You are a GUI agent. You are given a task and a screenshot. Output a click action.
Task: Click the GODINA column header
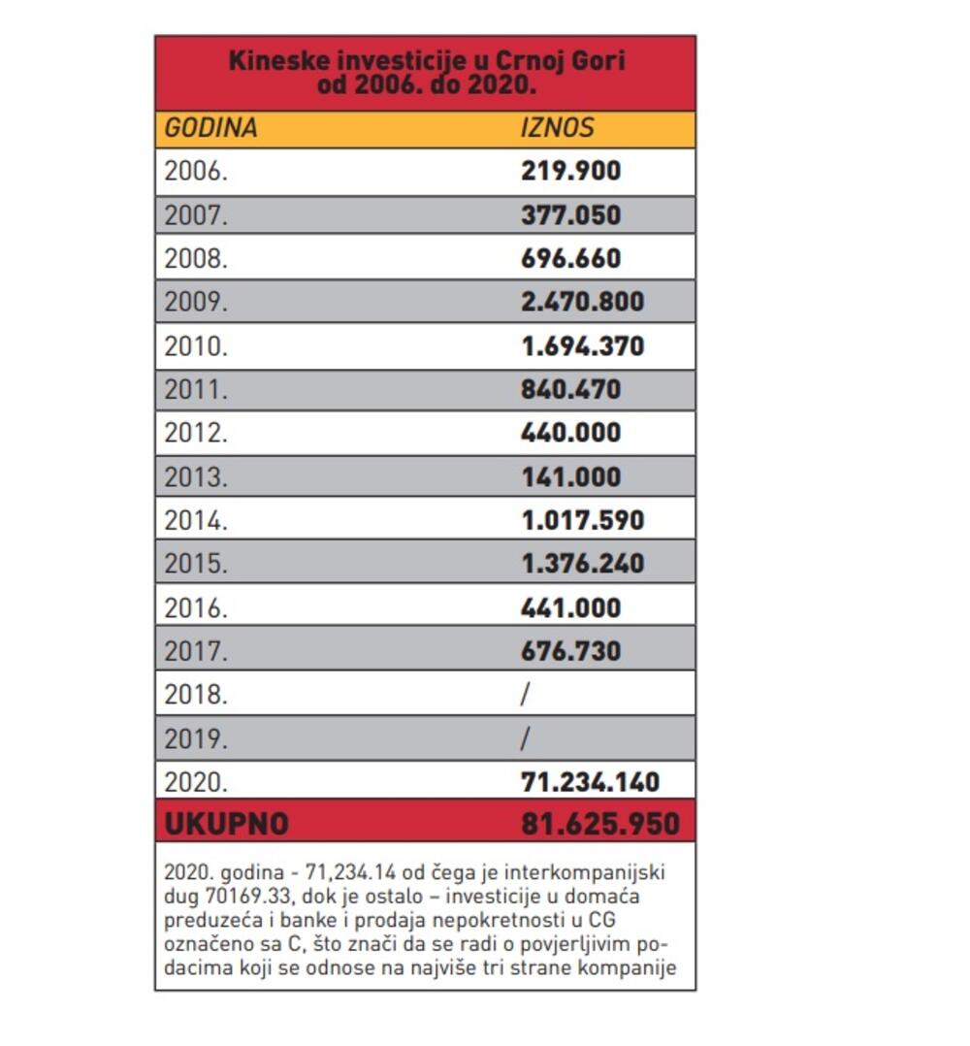point(210,128)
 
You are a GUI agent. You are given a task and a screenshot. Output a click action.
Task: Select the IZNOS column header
point(557,128)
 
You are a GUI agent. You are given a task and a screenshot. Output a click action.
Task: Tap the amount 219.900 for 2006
point(570,172)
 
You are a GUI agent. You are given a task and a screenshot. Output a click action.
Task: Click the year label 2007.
point(196,215)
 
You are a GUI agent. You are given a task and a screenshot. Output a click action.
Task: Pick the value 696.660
point(570,259)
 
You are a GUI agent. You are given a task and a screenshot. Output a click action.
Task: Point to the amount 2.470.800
point(582,302)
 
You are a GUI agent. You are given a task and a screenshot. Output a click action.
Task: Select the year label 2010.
point(196,346)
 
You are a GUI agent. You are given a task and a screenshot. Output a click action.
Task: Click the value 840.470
point(570,389)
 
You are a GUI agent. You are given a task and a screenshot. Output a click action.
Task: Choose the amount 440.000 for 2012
point(570,433)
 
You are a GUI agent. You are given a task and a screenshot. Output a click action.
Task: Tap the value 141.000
point(570,476)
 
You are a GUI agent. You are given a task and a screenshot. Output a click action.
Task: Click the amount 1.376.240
point(582,564)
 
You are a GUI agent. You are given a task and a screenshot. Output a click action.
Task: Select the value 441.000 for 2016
point(570,607)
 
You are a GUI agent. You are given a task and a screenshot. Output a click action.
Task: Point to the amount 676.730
point(570,651)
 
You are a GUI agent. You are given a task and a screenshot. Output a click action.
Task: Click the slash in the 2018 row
point(526,694)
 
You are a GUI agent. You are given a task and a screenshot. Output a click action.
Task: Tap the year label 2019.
point(196,738)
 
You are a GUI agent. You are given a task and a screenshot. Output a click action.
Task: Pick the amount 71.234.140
point(590,781)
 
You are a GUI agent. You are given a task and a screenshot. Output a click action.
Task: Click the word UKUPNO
point(226,825)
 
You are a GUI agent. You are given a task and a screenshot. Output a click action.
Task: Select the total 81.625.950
point(599,825)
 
